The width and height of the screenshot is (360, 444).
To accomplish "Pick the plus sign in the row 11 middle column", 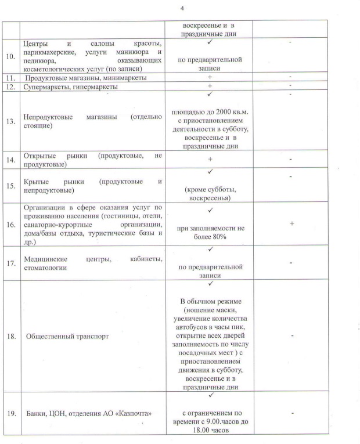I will (209, 77).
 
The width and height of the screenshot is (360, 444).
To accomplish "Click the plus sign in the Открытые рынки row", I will (209, 159).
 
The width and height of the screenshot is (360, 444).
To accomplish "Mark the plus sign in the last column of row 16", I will (291, 223).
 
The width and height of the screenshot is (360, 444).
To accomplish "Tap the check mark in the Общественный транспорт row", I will (209, 284).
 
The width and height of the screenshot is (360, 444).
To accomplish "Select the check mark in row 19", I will (209, 395).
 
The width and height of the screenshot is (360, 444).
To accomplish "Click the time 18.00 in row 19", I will (192, 432).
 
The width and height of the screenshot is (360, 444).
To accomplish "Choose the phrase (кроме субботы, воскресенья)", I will (209, 194).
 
